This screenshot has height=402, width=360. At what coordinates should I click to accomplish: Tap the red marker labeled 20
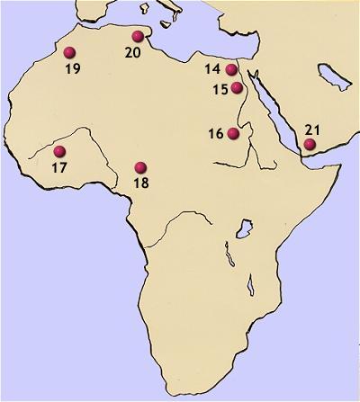[138, 37]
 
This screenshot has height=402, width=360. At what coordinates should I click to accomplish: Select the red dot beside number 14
[231, 70]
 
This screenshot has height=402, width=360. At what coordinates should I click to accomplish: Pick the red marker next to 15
[237, 87]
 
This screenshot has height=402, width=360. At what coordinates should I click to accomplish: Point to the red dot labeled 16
[234, 134]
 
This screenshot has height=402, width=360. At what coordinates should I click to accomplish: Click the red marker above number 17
[60, 151]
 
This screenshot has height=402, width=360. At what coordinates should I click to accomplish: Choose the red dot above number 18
[140, 167]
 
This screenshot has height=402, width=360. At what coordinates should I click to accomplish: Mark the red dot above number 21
[310, 144]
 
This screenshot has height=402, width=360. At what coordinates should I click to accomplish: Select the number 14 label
[212, 69]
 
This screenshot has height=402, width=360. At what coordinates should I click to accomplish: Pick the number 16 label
[215, 134]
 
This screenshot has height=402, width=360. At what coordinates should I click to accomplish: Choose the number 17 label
[60, 167]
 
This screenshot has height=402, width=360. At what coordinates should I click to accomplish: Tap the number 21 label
[313, 128]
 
